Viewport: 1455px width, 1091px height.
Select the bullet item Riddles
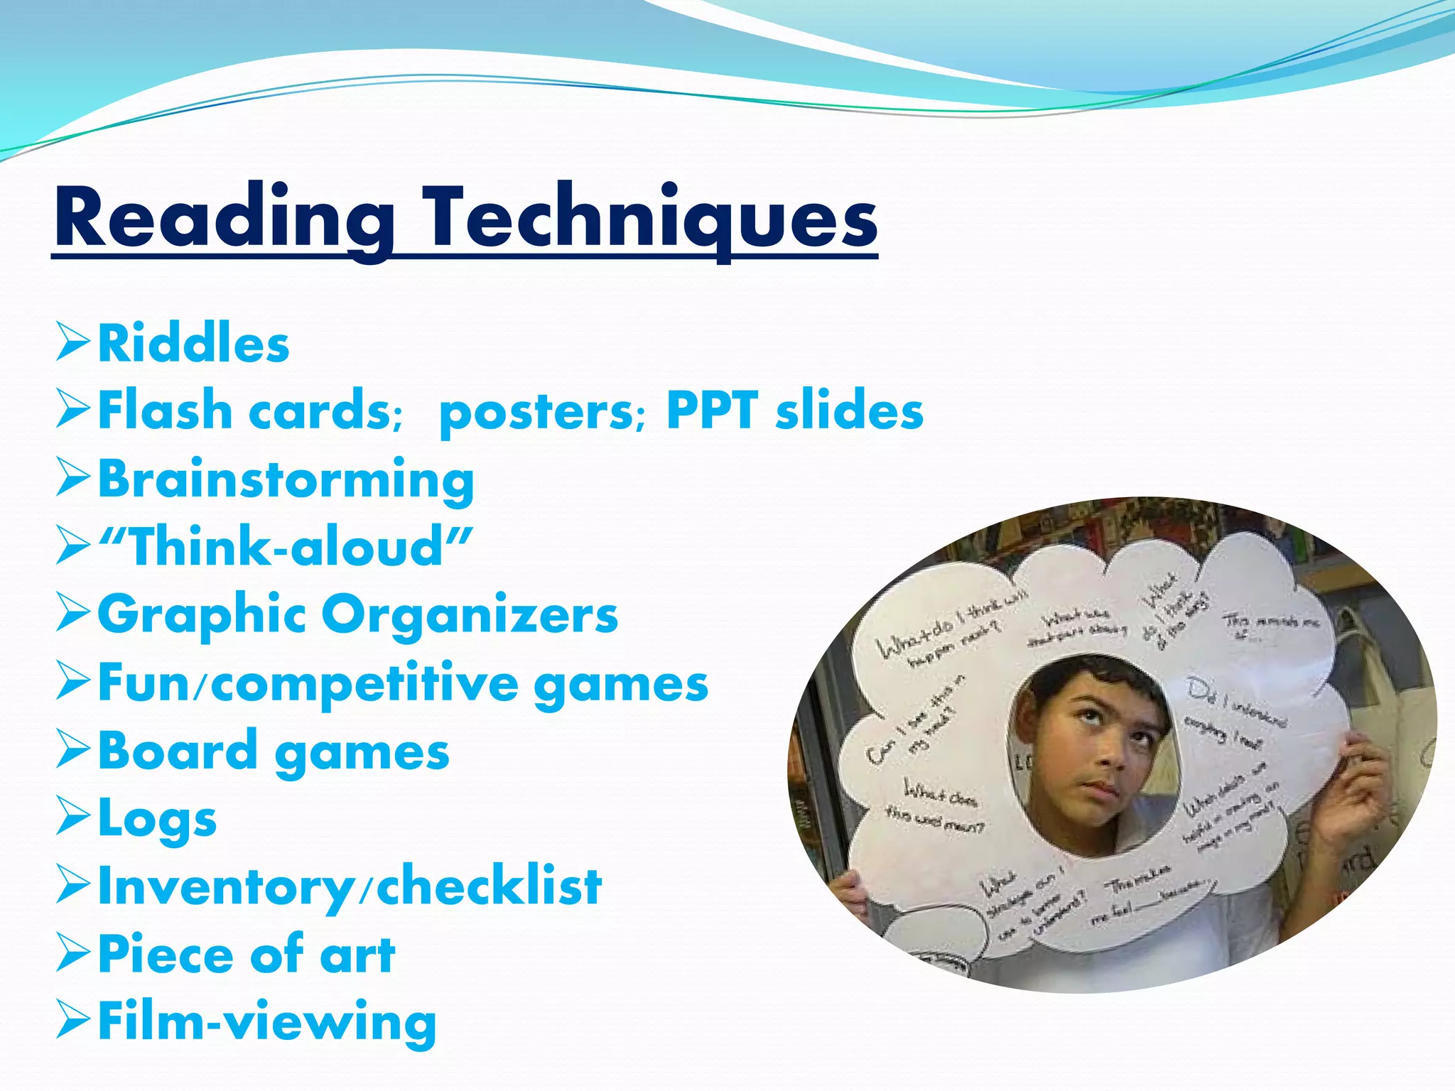[193, 344]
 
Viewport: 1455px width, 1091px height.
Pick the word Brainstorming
[286, 480]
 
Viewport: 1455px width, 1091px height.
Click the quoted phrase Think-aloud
[285, 547]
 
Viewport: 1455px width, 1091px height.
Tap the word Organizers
[470, 615]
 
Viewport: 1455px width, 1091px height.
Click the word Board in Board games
[177, 751]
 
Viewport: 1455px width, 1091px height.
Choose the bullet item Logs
[157, 819]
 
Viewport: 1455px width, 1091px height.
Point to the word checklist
[489, 886]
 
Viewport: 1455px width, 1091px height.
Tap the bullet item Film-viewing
[266, 1022]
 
